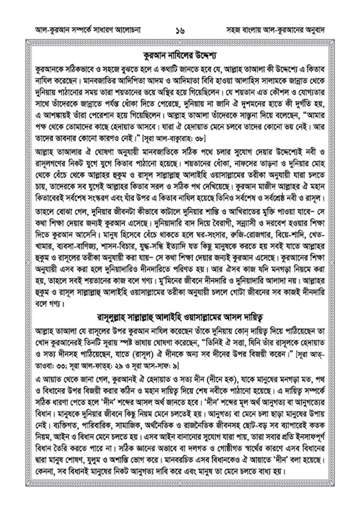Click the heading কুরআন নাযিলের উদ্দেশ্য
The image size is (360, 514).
click(179, 53)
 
